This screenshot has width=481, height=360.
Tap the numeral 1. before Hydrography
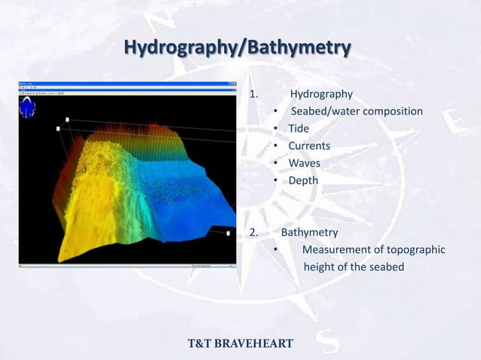pos(254,95)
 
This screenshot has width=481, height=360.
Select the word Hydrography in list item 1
pos(321,95)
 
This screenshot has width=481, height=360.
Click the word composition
pos(386,111)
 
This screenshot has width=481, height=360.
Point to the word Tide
pos(299,129)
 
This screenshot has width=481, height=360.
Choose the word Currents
pos(309,146)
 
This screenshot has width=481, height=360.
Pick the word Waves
pos(304,163)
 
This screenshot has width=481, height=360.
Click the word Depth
pos(303,181)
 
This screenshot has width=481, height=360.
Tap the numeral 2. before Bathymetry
pos(254,232)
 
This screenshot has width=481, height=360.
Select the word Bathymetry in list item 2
pos(309,232)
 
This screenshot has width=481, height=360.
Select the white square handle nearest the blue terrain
pos(228,233)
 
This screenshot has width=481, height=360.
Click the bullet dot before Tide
pos(277,129)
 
